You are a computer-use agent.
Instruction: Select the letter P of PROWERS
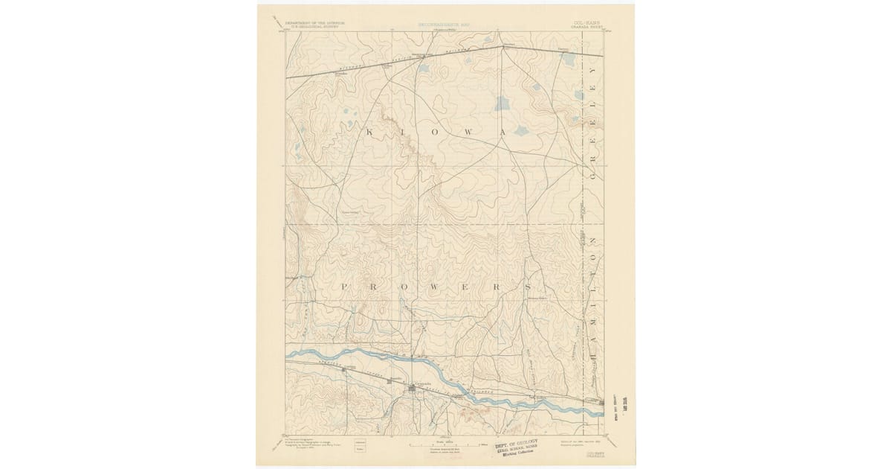(x=345, y=286)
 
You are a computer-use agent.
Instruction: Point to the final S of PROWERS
(x=527, y=286)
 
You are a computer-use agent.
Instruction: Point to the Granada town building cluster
(x=413, y=389)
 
